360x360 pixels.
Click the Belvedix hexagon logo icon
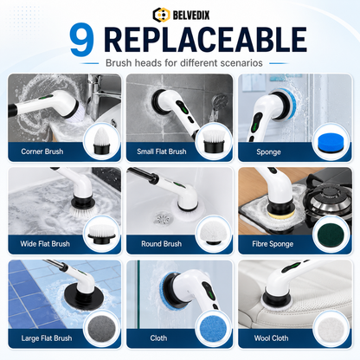click(x=161, y=15)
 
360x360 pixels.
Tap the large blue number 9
click(x=82, y=40)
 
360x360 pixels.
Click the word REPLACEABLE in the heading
click(x=205, y=40)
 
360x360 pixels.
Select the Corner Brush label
click(x=42, y=151)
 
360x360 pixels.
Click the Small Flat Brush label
click(x=162, y=151)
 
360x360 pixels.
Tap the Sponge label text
click(x=268, y=152)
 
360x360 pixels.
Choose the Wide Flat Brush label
click(x=45, y=244)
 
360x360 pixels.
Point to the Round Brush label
click(x=162, y=244)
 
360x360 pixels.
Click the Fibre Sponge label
click(x=273, y=244)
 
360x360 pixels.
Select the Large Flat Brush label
click(x=47, y=338)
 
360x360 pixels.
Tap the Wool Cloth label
click(x=271, y=338)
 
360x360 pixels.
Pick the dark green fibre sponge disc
click(x=331, y=235)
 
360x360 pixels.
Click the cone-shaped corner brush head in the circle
click(x=102, y=140)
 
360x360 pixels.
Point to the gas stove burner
click(x=328, y=198)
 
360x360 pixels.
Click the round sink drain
click(x=162, y=218)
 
